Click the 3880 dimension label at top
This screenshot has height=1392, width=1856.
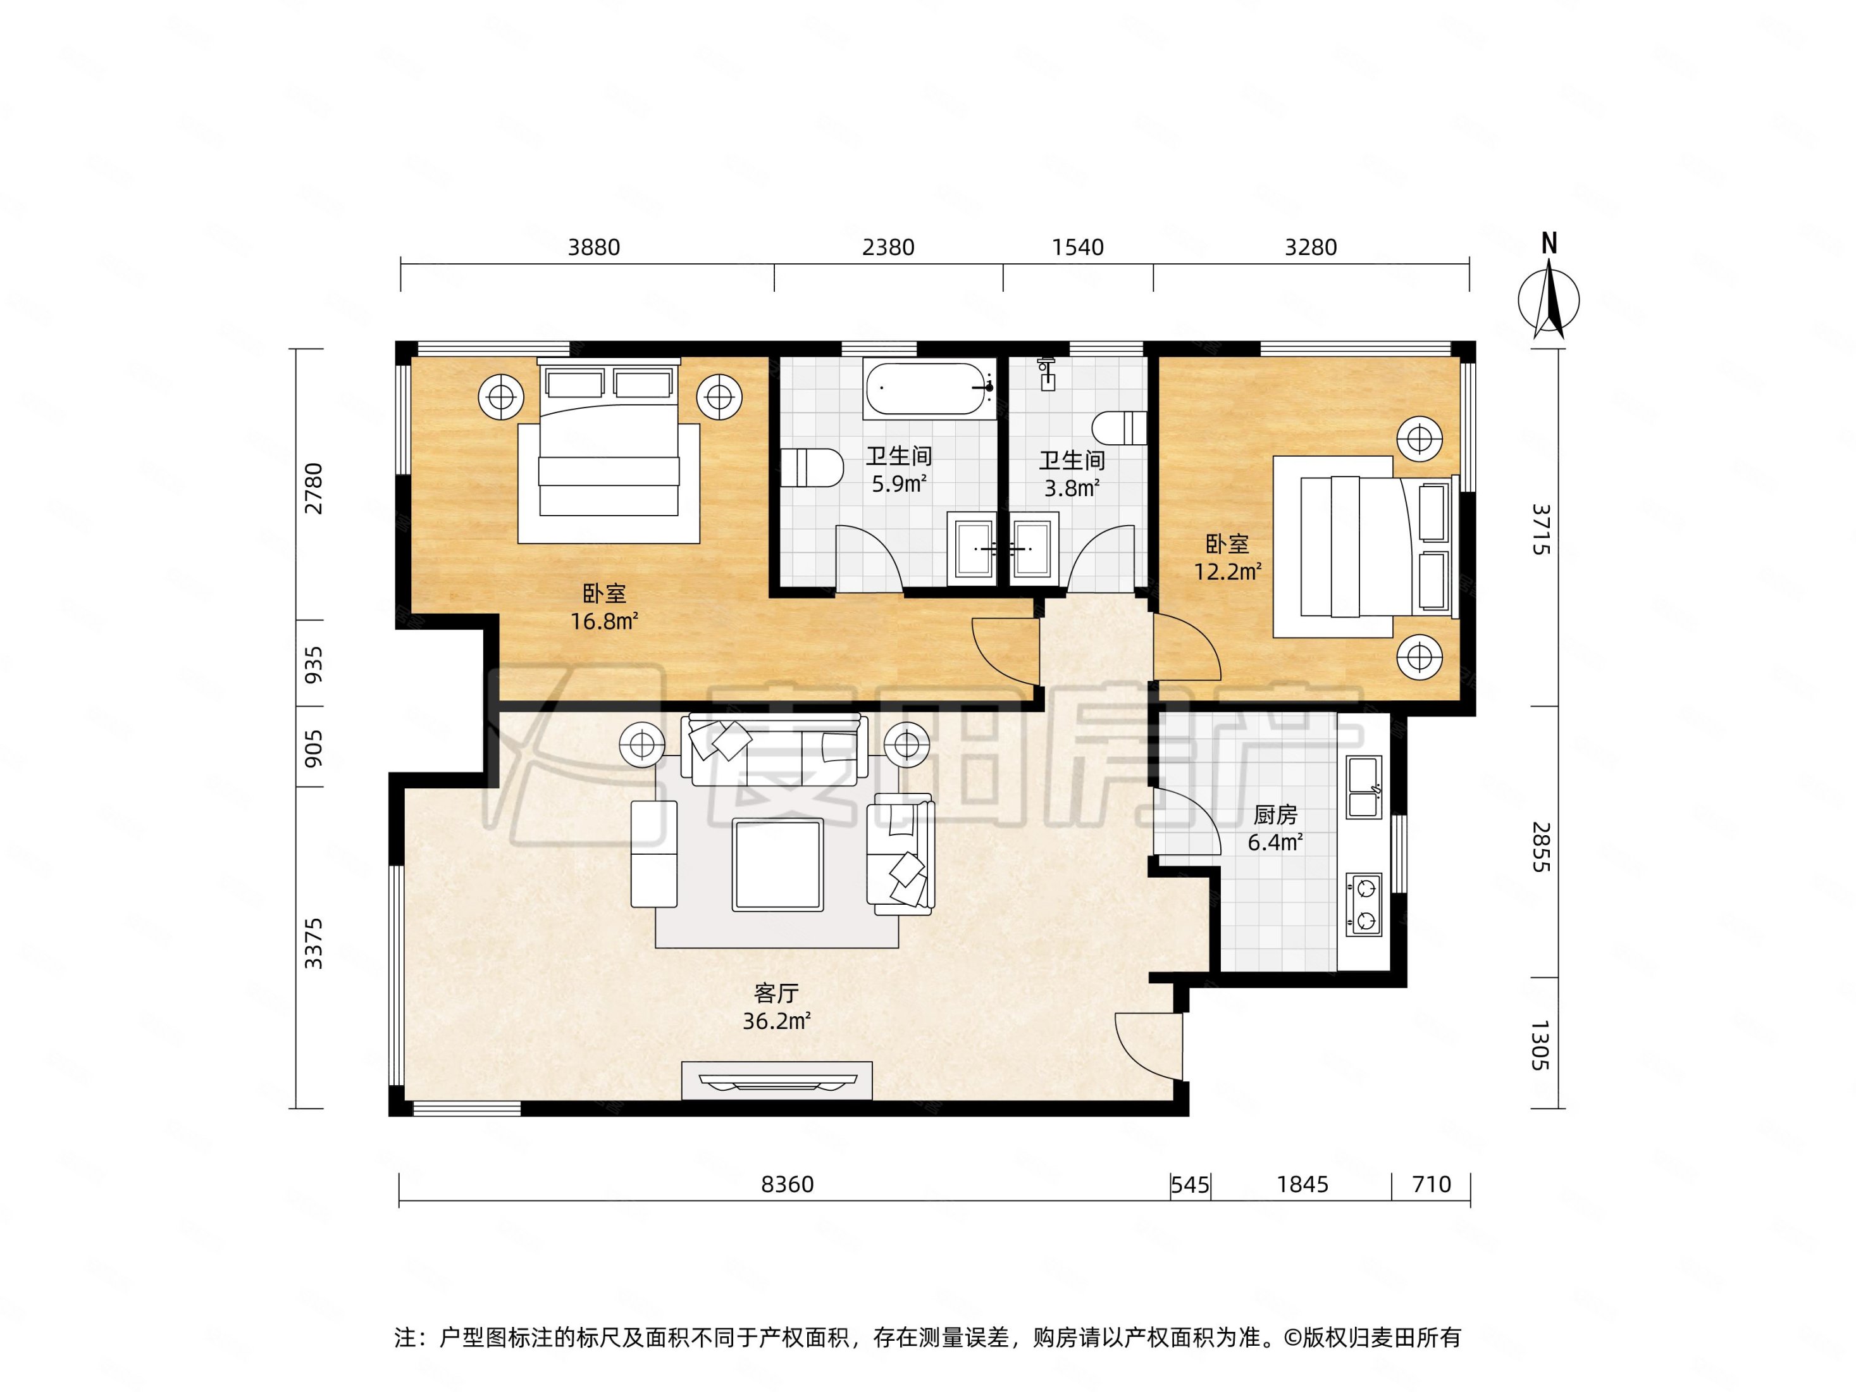point(594,247)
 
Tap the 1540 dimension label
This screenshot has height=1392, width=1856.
point(1077,247)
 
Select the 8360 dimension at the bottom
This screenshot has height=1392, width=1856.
point(787,1184)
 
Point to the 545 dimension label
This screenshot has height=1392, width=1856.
point(1190,1184)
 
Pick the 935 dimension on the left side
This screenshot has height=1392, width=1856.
point(313,664)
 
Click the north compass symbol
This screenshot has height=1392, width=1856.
point(1549,290)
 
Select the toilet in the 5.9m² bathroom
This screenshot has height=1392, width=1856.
point(812,468)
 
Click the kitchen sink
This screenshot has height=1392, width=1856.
point(1363,787)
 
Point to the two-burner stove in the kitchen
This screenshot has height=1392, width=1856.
point(1363,905)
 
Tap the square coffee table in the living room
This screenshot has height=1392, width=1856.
point(777,865)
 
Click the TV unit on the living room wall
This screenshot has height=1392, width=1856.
point(777,1081)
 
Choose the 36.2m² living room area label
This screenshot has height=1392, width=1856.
point(776,1021)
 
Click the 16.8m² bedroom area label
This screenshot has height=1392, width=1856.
point(604,621)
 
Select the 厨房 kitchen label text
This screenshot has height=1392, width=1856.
point(1275,815)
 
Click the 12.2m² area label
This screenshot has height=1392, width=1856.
point(1228,571)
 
